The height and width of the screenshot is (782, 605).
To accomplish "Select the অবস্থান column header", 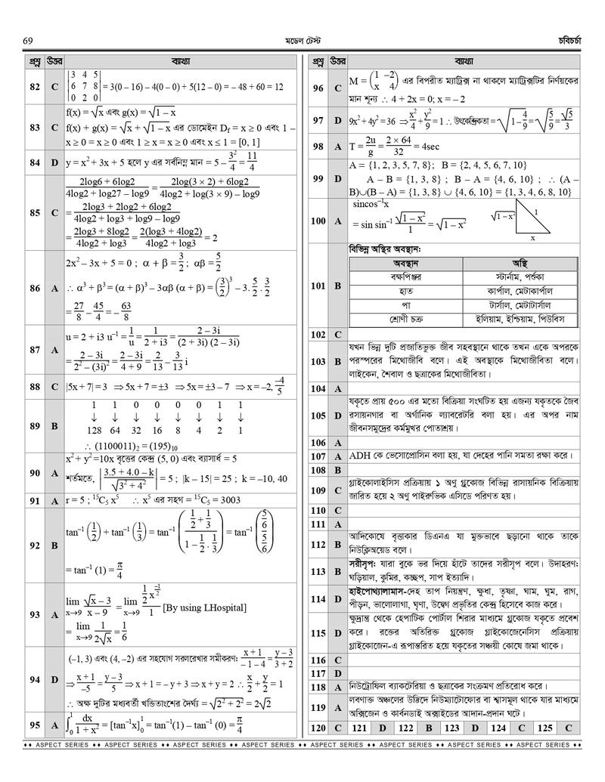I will [x=406, y=263].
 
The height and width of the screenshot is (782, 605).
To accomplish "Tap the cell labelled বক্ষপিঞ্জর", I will [x=406, y=277].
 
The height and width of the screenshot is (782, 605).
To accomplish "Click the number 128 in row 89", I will [x=94, y=431].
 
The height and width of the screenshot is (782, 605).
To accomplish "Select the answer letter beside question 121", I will [x=382, y=728].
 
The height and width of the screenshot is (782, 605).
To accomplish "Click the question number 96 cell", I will [x=318, y=88].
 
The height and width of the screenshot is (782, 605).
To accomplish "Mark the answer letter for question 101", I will [x=337, y=286].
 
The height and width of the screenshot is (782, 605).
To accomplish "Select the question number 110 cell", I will [x=318, y=510].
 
